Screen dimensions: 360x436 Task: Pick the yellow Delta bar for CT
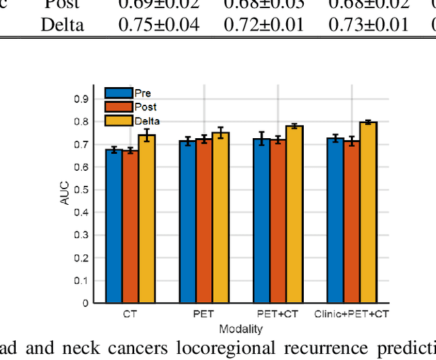pos(146,218)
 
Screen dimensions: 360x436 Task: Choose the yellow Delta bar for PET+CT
pos(294,214)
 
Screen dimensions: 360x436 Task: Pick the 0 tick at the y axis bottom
pos(86,303)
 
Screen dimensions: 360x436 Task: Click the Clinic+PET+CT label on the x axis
pos(352,314)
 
